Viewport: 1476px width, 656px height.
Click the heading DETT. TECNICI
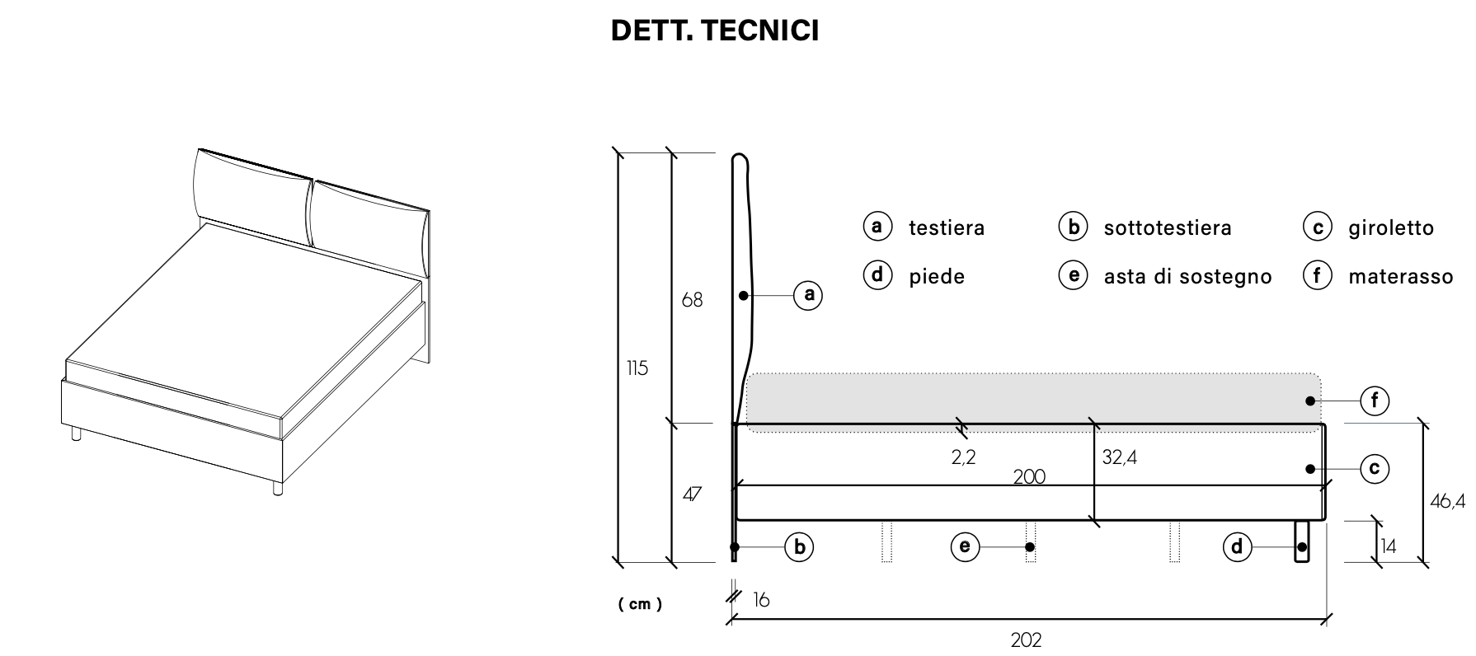pyautogui.click(x=714, y=30)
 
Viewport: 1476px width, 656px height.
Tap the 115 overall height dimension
pyautogui.click(x=637, y=368)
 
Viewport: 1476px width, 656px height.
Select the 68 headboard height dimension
pyautogui.click(x=692, y=301)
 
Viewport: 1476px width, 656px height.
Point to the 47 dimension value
pyautogui.click(x=692, y=494)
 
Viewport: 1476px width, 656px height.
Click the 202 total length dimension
pyautogui.click(x=1026, y=640)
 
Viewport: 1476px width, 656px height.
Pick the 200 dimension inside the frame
pyautogui.click(x=1029, y=476)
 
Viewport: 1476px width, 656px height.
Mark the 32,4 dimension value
pyautogui.click(x=1119, y=457)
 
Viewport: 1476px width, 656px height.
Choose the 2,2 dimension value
pyautogui.click(x=963, y=457)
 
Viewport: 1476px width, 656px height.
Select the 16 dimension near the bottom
pyautogui.click(x=760, y=600)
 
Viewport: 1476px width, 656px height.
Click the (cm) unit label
pyautogui.click(x=640, y=604)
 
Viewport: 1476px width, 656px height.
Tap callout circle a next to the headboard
pyautogui.click(x=808, y=294)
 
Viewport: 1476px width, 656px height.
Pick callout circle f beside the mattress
pyautogui.click(x=1375, y=401)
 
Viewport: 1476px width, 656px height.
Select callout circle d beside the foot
pyautogui.click(x=1236, y=546)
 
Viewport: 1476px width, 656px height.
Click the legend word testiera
pyautogui.click(x=947, y=228)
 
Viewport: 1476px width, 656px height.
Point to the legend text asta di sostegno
pyautogui.click(x=1187, y=277)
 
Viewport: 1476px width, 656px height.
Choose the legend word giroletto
pyautogui.click(x=1391, y=228)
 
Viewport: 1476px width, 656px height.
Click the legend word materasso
pyautogui.click(x=1400, y=277)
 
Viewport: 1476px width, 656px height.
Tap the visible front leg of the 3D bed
pyautogui.click(x=277, y=490)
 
